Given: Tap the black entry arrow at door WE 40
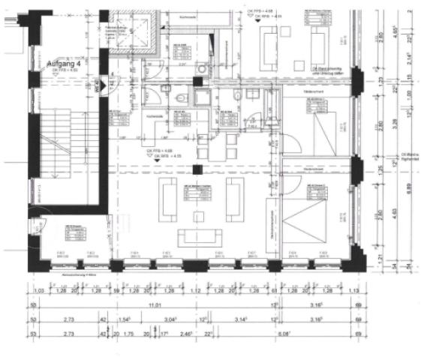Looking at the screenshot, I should click(x=102, y=87).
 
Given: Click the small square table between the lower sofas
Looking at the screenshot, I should click(x=199, y=217).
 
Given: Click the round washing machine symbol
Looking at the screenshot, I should click(x=200, y=67).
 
